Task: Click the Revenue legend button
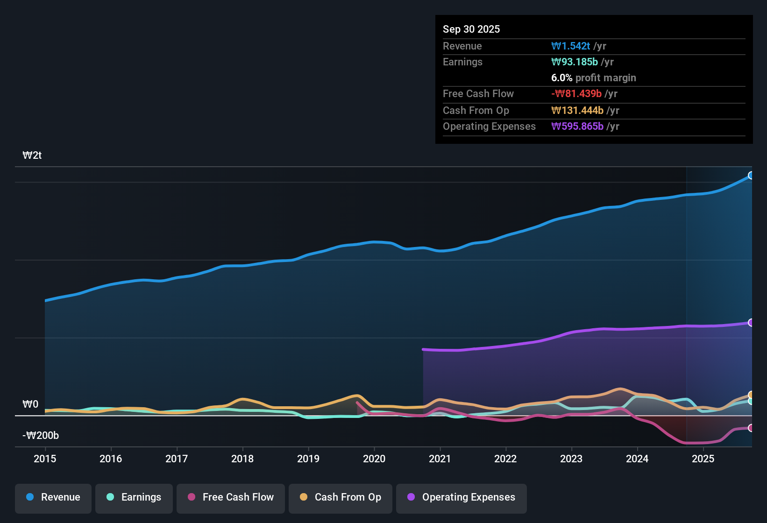pyautogui.click(x=53, y=497)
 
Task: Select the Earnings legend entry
pyautogui.click(x=134, y=497)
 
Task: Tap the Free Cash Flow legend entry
pyautogui.click(x=231, y=497)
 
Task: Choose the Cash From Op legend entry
pyautogui.click(x=341, y=497)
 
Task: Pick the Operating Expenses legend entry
pyautogui.click(x=462, y=497)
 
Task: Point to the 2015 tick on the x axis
pyautogui.click(x=45, y=459)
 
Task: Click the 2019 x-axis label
pyautogui.click(x=308, y=459)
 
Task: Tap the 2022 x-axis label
pyautogui.click(x=505, y=459)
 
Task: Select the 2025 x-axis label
pyautogui.click(x=703, y=459)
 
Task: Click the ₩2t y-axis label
pyautogui.click(x=32, y=155)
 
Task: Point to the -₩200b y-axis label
pyautogui.click(x=41, y=436)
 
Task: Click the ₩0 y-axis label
pyautogui.click(x=30, y=404)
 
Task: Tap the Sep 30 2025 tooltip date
pyautogui.click(x=471, y=29)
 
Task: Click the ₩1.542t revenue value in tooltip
pyautogui.click(x=571, y=46)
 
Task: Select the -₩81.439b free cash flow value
pyautogui.click(x=576, y=93)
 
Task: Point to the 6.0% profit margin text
pyautogui.click(x=593, y=78)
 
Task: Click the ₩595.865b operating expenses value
pyautogui.click(x=577, y=126)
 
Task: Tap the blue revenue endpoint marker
pyautogui.click(x=751, y=176)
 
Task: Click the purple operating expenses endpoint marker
pyautogui.click(x=751, y=323)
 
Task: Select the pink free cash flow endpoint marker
pyautogui.click(x=751, y=428)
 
